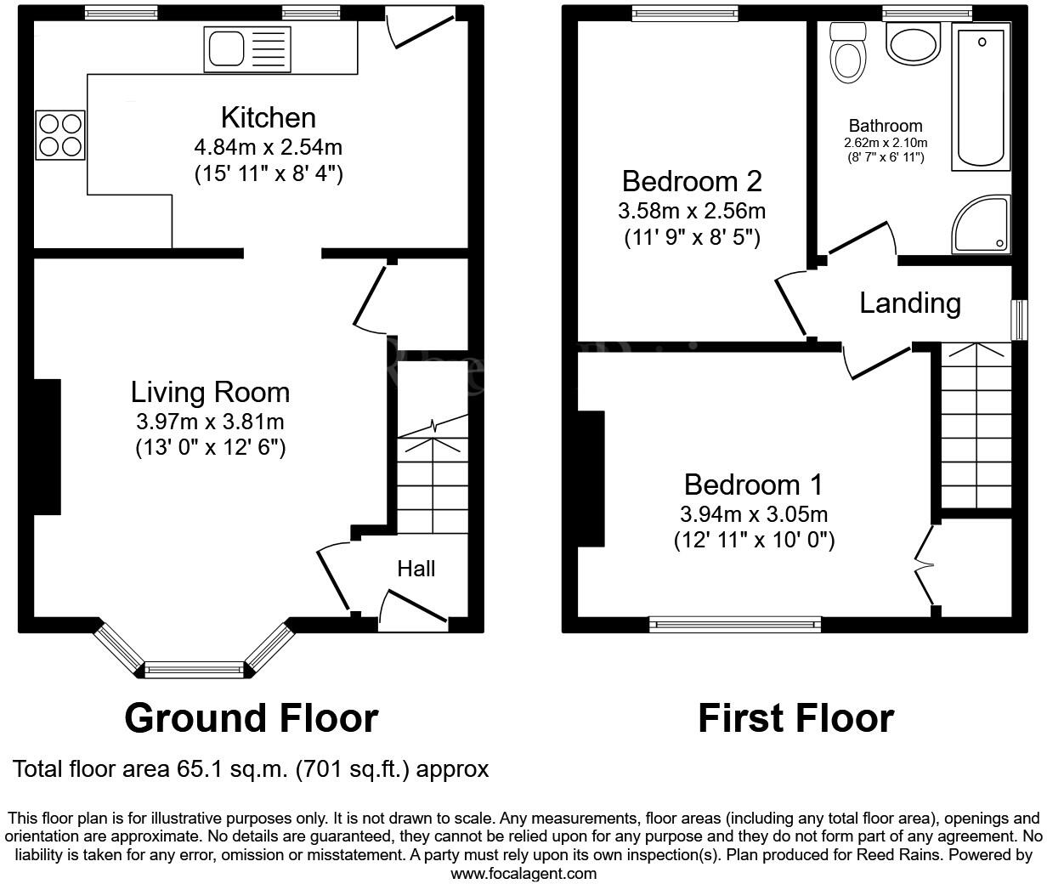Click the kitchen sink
click(246, 48)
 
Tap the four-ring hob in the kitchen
click(60, 135)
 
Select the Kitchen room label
click(268, 117)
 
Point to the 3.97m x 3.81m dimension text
click(210, 421)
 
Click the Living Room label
click(210, 392)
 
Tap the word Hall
click(416, 569)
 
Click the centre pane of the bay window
click(195, 670)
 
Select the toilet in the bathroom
click(848, 51)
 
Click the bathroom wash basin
click(913, 42)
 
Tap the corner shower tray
click(984, 225)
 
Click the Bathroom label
click(885, 126)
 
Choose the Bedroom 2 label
click(692, 181)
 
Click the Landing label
click(910, 303)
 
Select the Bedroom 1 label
click(753, 484)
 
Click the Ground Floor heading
click(251, 718)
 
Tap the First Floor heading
click(795, 718)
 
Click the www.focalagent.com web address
click(523, 873)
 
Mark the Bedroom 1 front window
click(735, 625)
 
